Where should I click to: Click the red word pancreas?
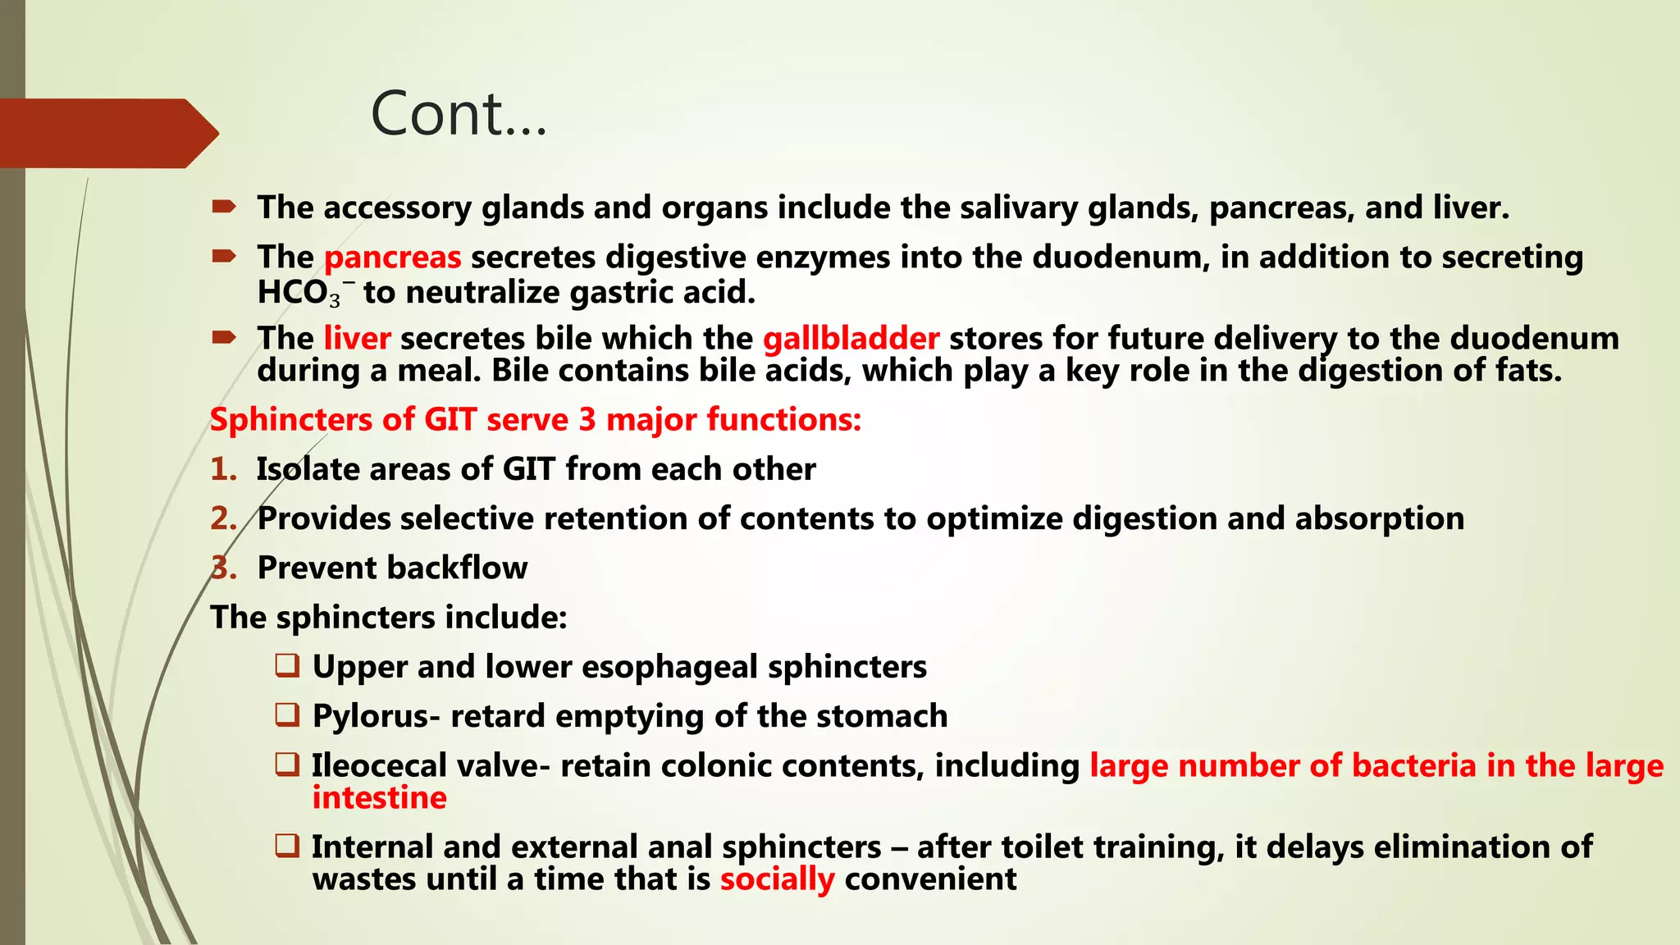(392, 258)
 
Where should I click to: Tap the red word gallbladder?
(851, 339)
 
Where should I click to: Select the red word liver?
(357, 339)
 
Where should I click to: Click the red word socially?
(777, 879)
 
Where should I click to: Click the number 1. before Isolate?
(223, 469)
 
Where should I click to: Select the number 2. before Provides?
(223, 518)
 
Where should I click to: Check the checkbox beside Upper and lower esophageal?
(287, 665)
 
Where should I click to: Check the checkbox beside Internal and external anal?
(287, 846)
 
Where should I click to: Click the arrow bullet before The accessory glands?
(223, 207)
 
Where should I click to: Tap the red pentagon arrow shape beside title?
(107, 133)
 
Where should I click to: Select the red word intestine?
(379, 798)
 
